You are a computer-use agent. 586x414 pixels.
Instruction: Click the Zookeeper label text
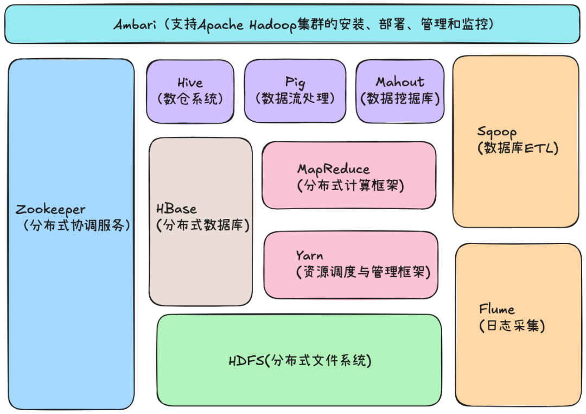point(50,210)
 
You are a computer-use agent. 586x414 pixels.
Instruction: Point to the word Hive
point(190,83)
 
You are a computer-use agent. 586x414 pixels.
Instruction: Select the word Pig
point(295,83)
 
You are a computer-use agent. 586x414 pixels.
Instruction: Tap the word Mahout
point(400,82)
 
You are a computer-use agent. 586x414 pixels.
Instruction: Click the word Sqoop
point(497,131)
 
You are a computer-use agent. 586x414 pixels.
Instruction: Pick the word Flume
point(497,310)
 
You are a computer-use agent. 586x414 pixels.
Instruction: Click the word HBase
point(176,209)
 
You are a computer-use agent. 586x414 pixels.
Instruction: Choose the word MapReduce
point(333,169)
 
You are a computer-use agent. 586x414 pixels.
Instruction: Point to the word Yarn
point(309,255)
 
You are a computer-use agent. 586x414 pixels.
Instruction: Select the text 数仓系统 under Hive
point(190,99)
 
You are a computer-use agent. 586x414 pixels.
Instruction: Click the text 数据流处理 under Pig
point(295,99)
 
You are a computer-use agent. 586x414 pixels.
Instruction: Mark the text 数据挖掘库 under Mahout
point(400,99)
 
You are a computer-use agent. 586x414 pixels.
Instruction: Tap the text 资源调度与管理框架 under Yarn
point(363,272)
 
